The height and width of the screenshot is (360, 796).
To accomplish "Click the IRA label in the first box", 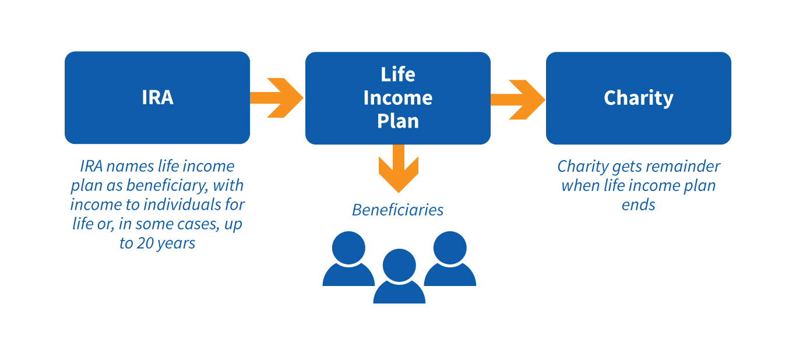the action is tap(157, 97).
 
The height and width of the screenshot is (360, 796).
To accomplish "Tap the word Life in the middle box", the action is tap(397, 75).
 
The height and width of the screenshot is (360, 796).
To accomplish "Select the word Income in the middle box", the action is tap(397, 98).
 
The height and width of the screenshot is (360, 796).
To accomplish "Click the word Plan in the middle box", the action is tap(397, 121).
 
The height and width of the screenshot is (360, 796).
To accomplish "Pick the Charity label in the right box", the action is tap(638, 98).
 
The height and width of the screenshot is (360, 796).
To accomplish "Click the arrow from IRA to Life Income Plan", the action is tap(276, 98).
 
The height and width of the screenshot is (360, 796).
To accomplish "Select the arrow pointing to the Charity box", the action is tap(517, 100).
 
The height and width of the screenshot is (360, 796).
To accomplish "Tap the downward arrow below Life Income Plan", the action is tap(399, 168).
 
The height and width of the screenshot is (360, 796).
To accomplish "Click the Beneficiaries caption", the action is tap(397, 210).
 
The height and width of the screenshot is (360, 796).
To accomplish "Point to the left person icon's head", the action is tap(348, 248).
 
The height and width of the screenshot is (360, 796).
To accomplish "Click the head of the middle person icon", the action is tap(399, 265).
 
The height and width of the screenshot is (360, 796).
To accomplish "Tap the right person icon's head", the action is tap(450, 248).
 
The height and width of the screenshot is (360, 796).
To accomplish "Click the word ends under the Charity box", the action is tap(638, 205).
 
